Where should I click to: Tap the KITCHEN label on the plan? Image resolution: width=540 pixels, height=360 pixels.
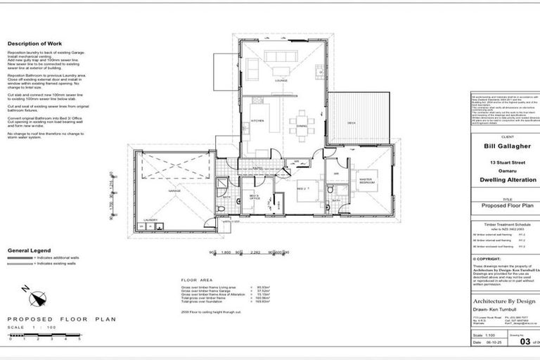[257, 121]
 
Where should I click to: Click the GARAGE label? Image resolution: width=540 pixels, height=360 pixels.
[174, 190]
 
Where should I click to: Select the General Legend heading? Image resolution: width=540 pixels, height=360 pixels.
[29, 250]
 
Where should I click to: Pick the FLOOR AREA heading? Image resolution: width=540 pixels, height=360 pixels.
[195, 279]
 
